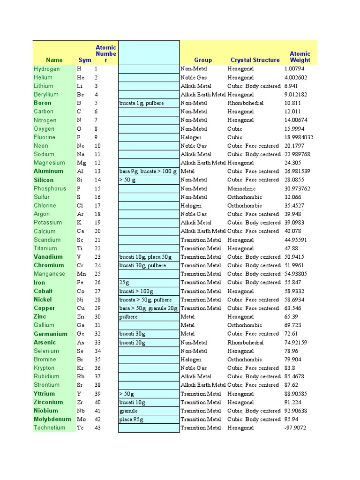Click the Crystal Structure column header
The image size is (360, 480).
point(255,60)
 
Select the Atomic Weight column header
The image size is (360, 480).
point(300,57)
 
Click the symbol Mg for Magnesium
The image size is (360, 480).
point(82,163)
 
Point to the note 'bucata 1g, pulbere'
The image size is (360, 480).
point(142,103)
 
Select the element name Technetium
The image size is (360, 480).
point(49,427)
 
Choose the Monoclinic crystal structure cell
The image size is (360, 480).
point(241,188)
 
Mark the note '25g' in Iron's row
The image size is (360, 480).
point(124,282)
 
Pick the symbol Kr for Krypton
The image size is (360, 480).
point(81,368)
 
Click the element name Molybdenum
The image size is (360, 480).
point(52,419)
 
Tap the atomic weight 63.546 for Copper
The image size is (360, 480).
point(292,308)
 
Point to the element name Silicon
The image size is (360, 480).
point(44,180)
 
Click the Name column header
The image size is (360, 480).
point(54,60)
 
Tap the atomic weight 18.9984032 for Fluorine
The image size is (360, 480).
point(299,137)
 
